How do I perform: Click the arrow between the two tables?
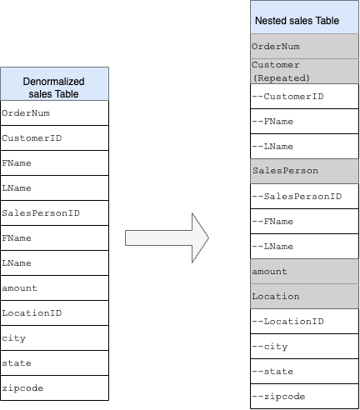pos(167,237)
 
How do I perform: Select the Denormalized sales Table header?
pos(55,84)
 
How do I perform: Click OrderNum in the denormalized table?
pos(55,112)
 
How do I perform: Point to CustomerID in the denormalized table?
pos(55,137)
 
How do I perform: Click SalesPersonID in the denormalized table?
pos(55,212)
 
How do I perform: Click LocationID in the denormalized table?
pos(55,312)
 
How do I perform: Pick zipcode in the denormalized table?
pos(55,387)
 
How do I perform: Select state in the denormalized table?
pos(55,362)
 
